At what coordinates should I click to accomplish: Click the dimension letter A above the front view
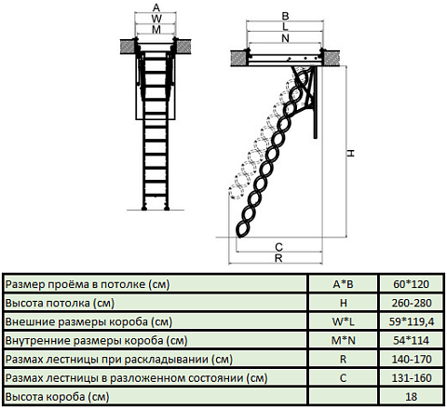click(156, 7)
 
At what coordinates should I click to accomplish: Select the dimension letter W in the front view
click(156, 19)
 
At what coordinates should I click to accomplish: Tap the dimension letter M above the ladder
click(156, 30)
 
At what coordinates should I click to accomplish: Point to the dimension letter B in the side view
click(285, 16)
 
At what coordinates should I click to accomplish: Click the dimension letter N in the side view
click(285, 38)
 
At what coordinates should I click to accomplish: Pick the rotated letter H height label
click(350, 153)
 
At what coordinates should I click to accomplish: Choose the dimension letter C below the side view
click(278, 247)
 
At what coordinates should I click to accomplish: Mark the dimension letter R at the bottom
click(278, 258)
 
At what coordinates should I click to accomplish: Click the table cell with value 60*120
click(411, 284)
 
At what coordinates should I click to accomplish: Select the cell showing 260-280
click(412, 303)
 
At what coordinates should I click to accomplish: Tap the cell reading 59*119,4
click(412, 321)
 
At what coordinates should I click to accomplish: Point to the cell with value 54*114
click(411, 340)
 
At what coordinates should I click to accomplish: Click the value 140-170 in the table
click(412, 360)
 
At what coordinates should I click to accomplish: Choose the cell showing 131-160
click(412, 378)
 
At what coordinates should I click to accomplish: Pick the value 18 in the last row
click(411, 397)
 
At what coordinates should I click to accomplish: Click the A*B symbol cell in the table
click(343, 284)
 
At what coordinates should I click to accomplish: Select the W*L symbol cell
click(343, 321)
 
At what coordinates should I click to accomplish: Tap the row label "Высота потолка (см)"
click(60, 303)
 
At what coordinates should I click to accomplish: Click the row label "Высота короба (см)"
click(57, 397)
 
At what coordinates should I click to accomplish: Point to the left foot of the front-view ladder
click(144, 208)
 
